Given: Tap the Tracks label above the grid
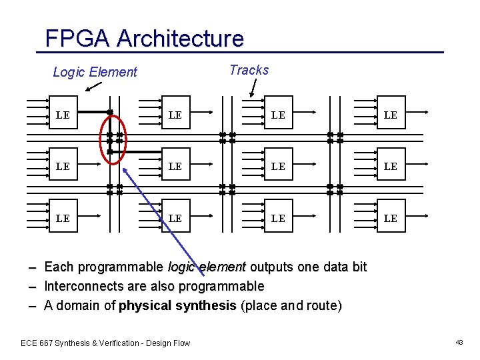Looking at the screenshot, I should tap(249, 70).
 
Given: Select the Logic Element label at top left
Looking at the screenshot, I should tap(95, 72).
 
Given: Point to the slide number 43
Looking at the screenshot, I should tap(459, 342).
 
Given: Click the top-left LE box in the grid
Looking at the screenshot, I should tap(63, 115).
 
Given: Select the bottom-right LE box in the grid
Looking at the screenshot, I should tap(391, 218).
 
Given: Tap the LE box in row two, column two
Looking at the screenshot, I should tap(175, 166).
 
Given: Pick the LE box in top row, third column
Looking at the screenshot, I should tap(278, 115).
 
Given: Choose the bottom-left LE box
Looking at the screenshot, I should tap(63, 218).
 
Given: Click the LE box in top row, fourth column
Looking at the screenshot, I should tap(391, 115).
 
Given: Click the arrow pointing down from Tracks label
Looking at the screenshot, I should tap(251, 88).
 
